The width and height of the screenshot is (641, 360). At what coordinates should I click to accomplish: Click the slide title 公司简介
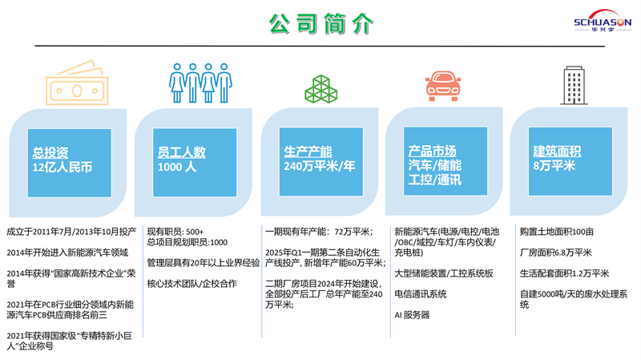320,24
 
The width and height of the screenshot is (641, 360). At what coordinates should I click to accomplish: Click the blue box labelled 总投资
69,162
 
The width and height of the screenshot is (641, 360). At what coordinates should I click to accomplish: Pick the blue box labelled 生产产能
319,162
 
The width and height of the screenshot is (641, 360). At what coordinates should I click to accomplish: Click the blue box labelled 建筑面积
569,162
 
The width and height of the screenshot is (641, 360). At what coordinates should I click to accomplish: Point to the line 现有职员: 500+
175,232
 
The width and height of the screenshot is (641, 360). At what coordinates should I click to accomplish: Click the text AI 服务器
412,315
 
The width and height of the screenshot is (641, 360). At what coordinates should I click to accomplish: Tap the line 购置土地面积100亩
557,232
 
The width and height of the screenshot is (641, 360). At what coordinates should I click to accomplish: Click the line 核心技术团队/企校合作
191,284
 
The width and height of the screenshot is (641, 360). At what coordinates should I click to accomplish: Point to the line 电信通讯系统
421,294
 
